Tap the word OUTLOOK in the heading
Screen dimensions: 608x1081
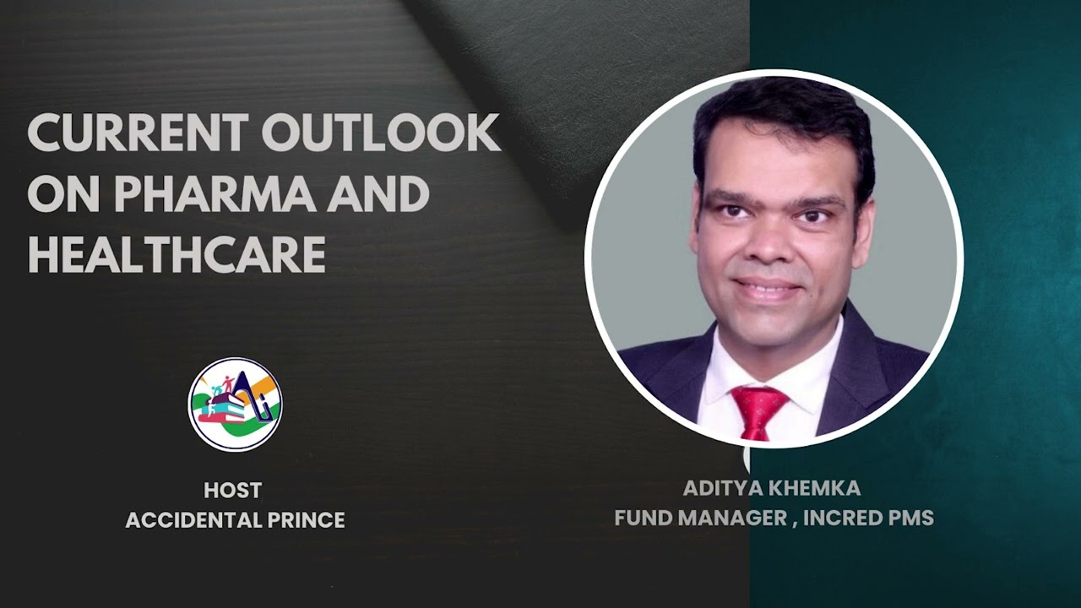(380, 133)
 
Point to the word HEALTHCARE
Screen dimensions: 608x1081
(177, 254)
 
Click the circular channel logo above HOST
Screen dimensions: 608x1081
(235, 404)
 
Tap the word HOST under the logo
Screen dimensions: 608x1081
(233, 490)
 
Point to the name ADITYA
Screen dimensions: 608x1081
(718, 488)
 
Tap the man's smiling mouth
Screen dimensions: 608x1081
(767, 289)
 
